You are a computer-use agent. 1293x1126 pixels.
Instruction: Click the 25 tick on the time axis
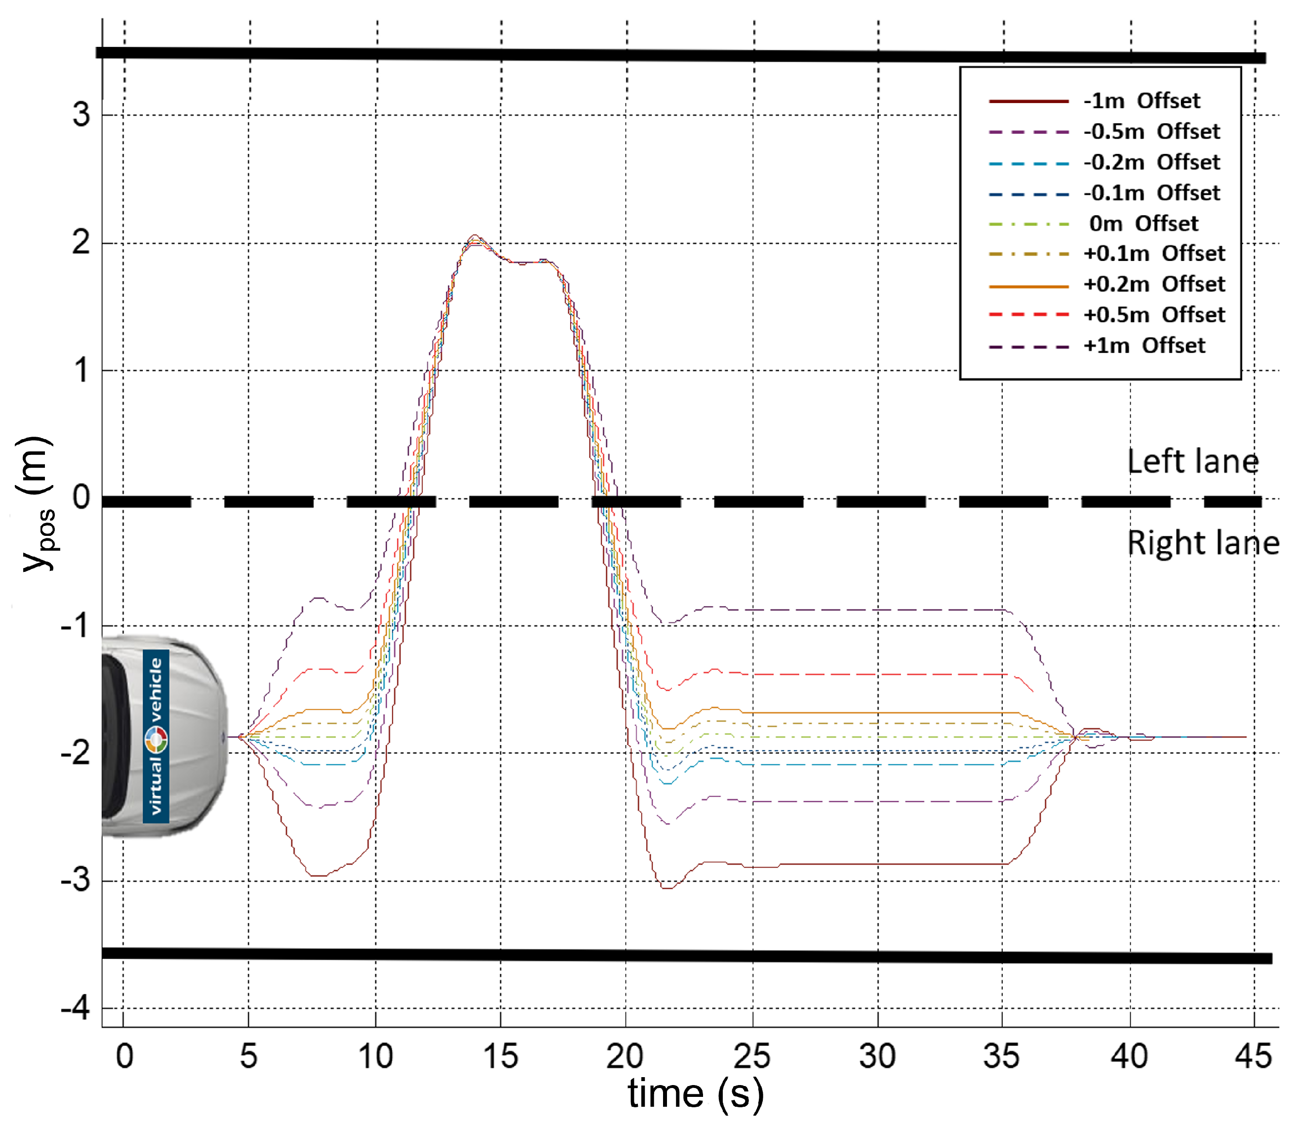pyautogui.click(x=752, y=1056)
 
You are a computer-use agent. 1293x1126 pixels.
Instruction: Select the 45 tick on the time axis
pyautogui.click(x=1254, y=1056)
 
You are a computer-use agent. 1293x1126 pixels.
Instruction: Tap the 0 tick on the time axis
pyautogui.click(x=124, y=1056)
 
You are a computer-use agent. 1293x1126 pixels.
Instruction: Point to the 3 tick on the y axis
pyautogui.click(x=81, y=115)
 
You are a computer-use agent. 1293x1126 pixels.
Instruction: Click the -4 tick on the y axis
pyautogui.click(x=76, y=1009)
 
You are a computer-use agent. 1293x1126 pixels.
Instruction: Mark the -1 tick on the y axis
pyautogui.click(x=76, y=626)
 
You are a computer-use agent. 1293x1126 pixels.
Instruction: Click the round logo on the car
pyautogui.click(x=156, y=740)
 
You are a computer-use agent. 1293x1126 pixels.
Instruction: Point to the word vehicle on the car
pyautogui.click(x=156, y=689)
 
